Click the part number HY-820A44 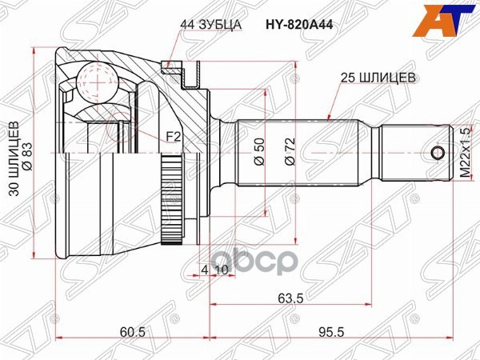tap(300, 25)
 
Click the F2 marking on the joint tap(173, 138)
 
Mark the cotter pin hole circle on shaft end tap(437, 153)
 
